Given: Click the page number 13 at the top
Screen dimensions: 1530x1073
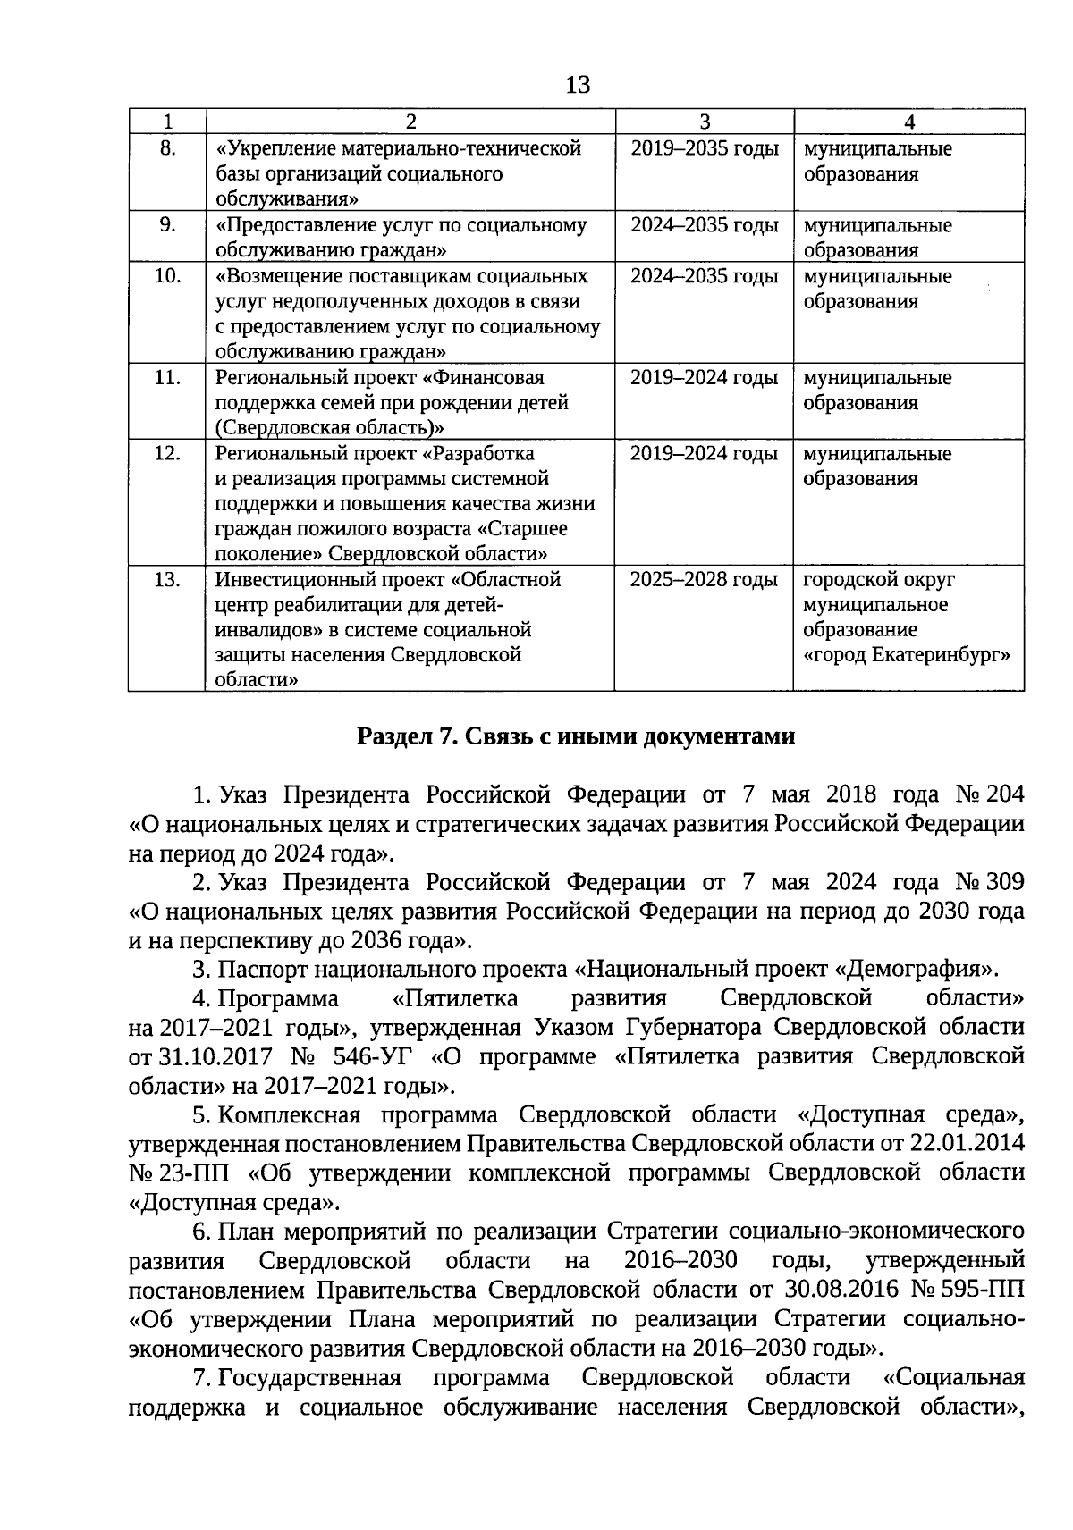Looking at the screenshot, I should tap(579, 85).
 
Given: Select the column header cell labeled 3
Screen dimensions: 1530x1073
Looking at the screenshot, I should tap(704, 122).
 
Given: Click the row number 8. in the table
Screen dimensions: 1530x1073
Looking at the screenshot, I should tap(167, 148).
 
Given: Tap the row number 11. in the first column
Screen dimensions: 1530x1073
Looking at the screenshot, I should tap(167, 378).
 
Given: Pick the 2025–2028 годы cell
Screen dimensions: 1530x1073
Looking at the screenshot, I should tap(704, 580).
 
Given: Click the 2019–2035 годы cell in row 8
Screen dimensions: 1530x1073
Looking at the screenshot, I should tap(704, 148).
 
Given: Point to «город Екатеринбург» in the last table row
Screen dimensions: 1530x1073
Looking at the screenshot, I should tap(907, 655).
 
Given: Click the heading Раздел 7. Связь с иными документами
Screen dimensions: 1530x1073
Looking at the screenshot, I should tap(576, 736).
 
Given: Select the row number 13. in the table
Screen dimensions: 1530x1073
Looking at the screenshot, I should tap(167, 580).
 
